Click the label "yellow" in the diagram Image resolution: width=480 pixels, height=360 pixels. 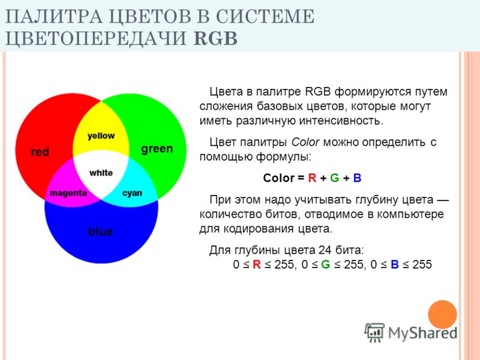(x=101, y=136)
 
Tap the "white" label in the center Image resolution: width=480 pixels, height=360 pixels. (x=101, y=173)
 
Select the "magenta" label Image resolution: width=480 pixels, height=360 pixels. (x=68, y=193)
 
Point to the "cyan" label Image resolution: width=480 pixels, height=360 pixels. (x=132, y=193)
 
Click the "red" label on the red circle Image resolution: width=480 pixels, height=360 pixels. (x=40, y=152)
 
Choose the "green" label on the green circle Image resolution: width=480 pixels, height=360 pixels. (x=157, y=149)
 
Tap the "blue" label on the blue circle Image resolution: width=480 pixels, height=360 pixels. (x=100, y=231)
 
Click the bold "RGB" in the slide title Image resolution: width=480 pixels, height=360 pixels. (x=216, y=38)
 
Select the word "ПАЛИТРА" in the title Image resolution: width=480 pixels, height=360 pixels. (x=53, y=17)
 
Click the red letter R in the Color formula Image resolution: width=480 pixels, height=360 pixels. (x=312, y=178)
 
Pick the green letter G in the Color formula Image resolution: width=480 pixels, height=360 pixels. (x=335, y=178)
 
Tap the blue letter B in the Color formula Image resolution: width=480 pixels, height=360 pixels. (x=357, y=178)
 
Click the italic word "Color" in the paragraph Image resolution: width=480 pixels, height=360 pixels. (x=305, y=142)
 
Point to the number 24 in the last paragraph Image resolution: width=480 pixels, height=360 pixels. (x=325, y=250)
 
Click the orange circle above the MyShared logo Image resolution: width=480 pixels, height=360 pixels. (x=442, y=314)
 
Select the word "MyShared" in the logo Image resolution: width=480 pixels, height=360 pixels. (x=423, y=333)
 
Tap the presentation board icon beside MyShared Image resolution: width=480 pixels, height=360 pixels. (x=374, y=332)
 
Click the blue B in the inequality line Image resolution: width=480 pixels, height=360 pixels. (x=395, y=265)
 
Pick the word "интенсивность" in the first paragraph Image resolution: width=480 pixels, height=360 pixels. (x=341, y=121)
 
